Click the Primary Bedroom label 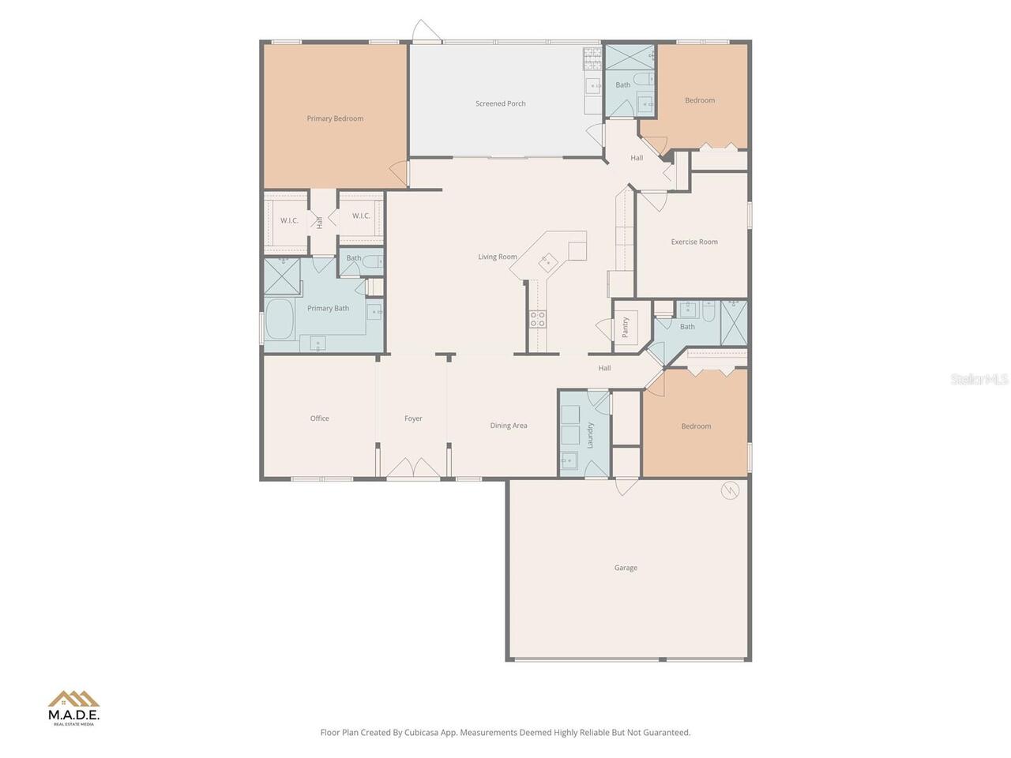(335, 118)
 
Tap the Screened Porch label (500, 103)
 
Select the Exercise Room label (694, 242)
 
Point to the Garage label (626, 568)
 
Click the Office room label (319, 418)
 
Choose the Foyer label (413, 418)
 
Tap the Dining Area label (508, 426)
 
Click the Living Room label (498, 257)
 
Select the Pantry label (626, 327)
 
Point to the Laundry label (590, 435)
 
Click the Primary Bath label (328, 309)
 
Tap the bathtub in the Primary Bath (280, 318)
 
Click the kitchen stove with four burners (537, 318)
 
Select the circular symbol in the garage (730, 490)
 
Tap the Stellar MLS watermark (979, 380)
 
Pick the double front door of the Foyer (413, 469)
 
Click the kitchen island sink (546, 260)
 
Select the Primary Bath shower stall (282, 276)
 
